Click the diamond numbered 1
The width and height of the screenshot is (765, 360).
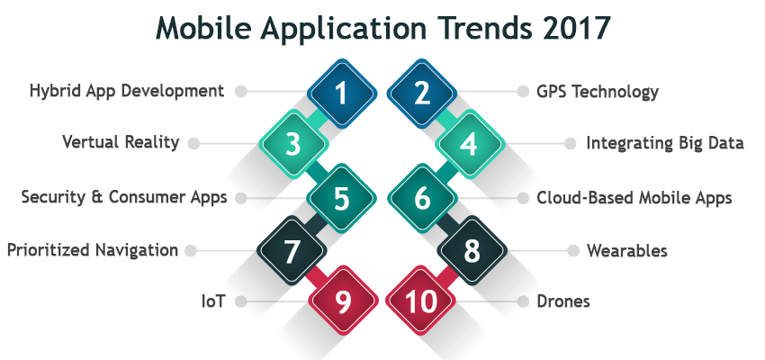tap(342, 94)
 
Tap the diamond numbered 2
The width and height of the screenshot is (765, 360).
tap(422, 94)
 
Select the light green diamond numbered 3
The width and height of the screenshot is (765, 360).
tap(292, 144)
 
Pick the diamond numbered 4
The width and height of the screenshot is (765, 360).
tap(470, 144)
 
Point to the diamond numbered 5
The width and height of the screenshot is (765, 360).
tap(341, 198)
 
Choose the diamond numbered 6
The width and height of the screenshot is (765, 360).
tap(422, 198)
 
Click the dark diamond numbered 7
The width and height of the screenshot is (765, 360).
tap(292, 250)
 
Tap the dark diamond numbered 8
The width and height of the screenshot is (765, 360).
tap(472, 250)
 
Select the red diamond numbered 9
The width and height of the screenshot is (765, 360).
tap(344, 301)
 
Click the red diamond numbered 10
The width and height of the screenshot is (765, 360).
tap(420, 301)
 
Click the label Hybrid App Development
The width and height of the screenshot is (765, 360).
tap(127, 92)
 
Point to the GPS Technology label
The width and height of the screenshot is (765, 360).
tap(598, 92)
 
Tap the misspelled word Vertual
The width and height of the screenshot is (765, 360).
tap(90, 142)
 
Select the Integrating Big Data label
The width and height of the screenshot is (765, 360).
tap(665, 144)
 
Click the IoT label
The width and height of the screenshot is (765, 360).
tap(213, 301)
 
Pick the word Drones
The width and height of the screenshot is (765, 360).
tap(563, 301)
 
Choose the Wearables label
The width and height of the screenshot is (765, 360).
tap(627, 251)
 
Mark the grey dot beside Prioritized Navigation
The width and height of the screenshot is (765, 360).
tap(191, 251)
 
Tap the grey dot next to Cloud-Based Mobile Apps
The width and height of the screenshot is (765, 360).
tap(523, 198)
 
